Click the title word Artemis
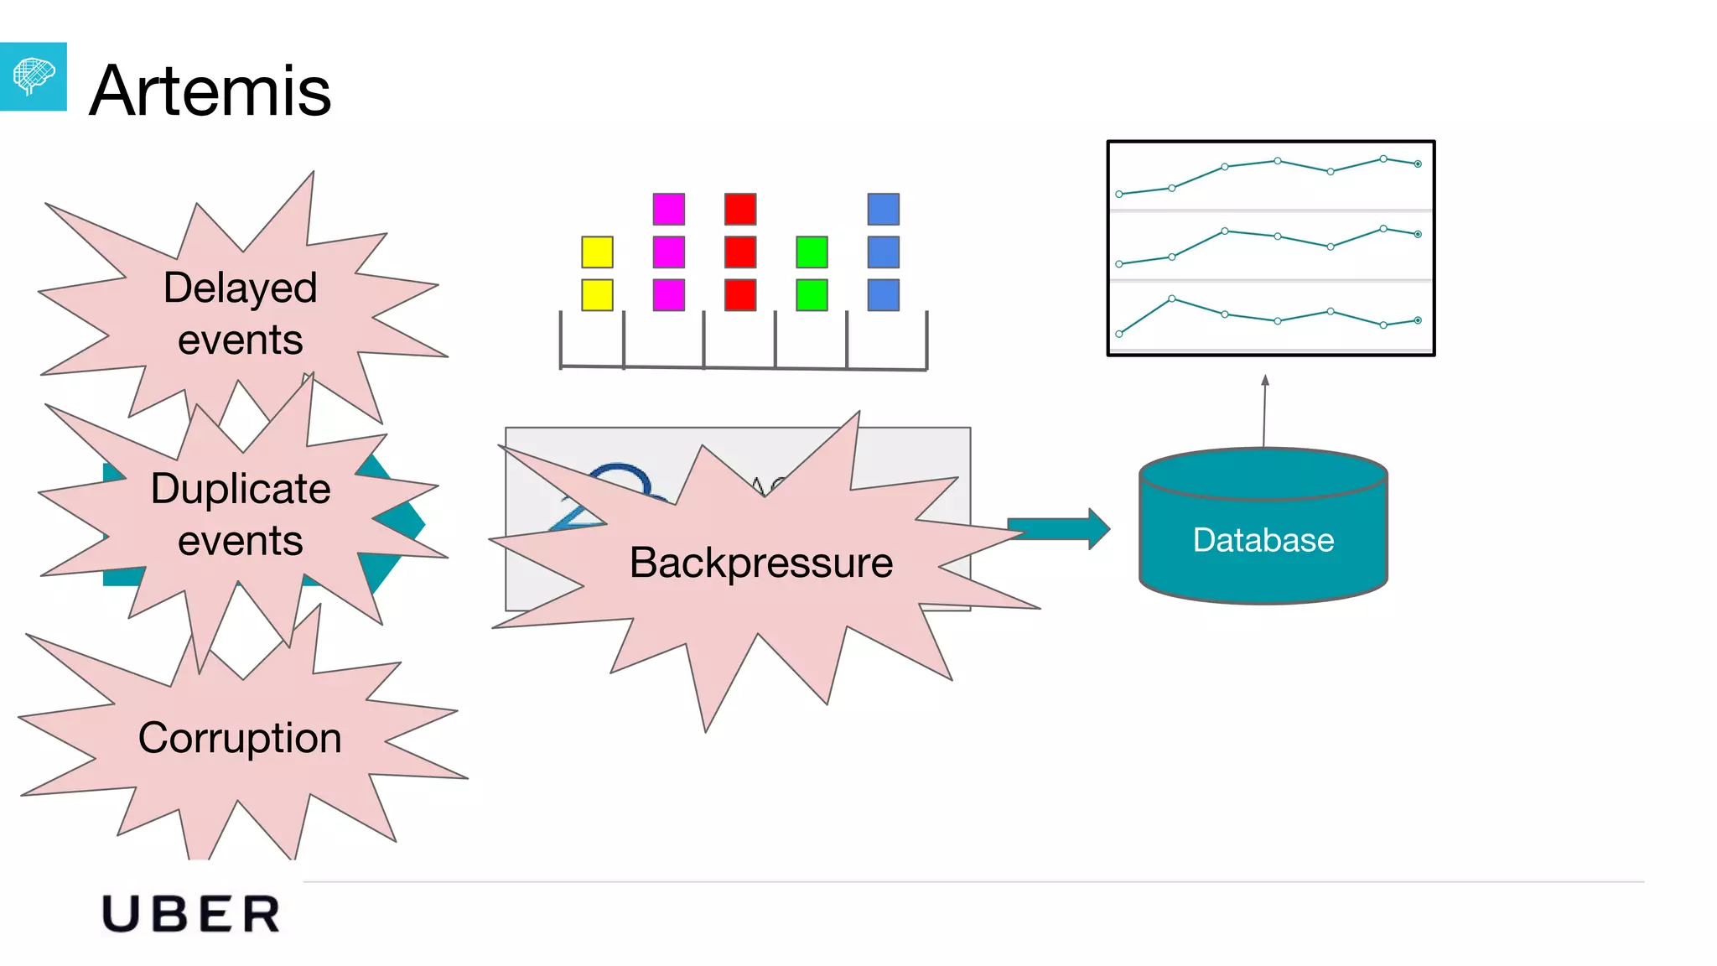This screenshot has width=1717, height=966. (210, 91)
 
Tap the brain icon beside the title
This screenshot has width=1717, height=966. (33, 76)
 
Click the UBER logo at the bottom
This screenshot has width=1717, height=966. (191, 914)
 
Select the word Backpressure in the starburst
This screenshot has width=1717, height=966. (761, 563)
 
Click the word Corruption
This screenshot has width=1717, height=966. (240, 738)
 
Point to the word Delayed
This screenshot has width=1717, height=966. (240, 288)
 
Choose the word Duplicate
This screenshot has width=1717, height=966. (241, 489)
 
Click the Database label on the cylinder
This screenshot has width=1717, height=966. (1263, 540)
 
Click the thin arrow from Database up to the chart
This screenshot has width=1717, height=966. (1264, 411)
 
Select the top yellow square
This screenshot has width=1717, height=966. (597, 252)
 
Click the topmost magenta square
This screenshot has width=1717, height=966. (668, 210)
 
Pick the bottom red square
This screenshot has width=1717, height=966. (740, 295)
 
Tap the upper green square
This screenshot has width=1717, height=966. (812, 252)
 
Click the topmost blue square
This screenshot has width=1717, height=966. (884, 210)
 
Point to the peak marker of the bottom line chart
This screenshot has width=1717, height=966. (1171, 299)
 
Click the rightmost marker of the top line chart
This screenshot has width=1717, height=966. (1418, 164)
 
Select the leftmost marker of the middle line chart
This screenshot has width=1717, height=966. (1119, 264)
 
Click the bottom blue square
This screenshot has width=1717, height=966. (884, 295)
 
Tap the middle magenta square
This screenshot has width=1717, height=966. (668, 252)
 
